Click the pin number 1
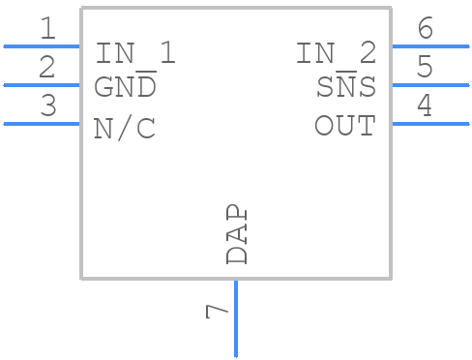(x=47, y=29)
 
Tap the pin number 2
(x=47, y=68)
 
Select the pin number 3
(x=47, y=106)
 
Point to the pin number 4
(x=424, y=106)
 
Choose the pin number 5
(x=424, y=68)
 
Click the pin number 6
(x=424, y=29)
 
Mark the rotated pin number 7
(x=217, y=312)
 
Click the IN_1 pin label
(x=135, y=53)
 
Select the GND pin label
(x=125, y=87)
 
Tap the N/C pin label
(x=125, y=129)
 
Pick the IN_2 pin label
(x=336, y=53)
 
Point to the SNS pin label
(x=346, y=87)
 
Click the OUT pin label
(x=345, y=126)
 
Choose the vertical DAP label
(x=237, y=234)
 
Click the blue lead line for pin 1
(x=42, y=45)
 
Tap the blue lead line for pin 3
(x=42, y=124)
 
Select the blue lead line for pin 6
(x=429, y=45)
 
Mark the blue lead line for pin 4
(x=429, y=124)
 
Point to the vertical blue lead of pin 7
(x=235, y=318)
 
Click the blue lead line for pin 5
(x=429, y=85)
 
